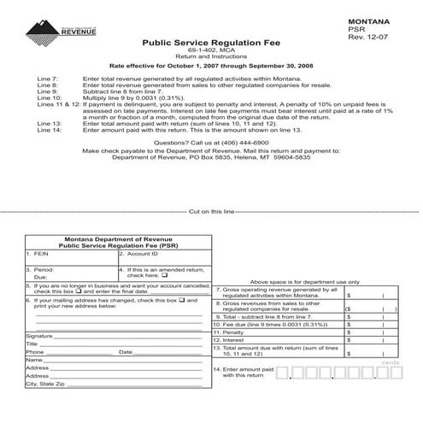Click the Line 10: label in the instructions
(50, 99)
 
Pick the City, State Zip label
(45, 384)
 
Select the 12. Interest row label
(232, 340)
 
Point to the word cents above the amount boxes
(391, 362)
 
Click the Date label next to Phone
(125, 351)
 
